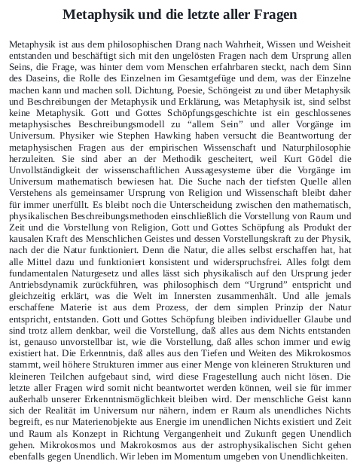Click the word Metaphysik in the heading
tap(98, 14)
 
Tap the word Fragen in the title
tap(274, 14)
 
